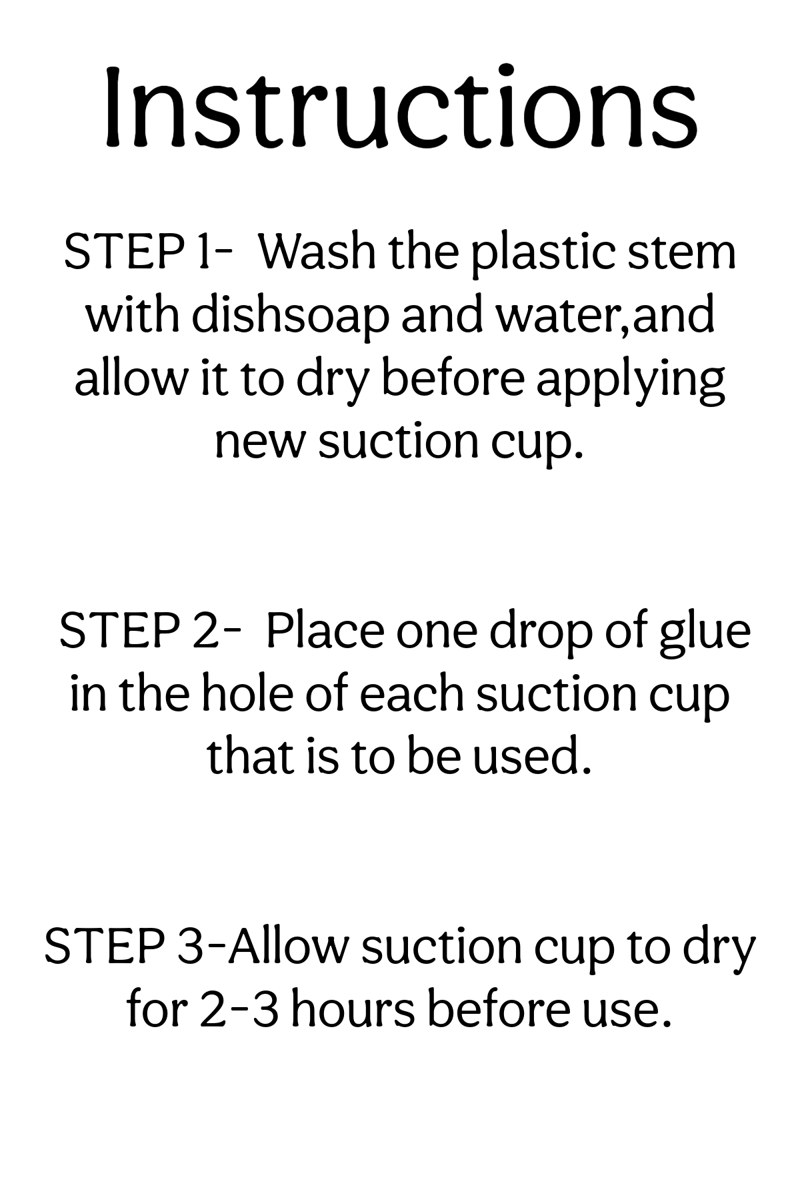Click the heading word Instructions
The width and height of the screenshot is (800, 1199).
click(x=400, y=107)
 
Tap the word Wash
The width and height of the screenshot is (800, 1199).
click(x=317, y=252)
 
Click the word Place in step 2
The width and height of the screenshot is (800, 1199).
click(x=325, y=631)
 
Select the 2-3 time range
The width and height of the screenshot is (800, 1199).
click(x=238, y=1010)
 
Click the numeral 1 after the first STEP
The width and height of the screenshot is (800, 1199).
click(x=202, y=252)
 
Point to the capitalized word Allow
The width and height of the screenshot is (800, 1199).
click(x=289, y=947)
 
